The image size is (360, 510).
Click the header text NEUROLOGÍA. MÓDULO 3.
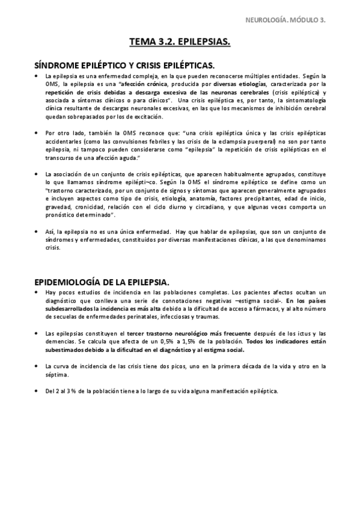click(287, 20)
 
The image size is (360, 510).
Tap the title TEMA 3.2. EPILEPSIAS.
click(180, 42)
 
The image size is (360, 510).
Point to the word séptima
click(56, 374)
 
